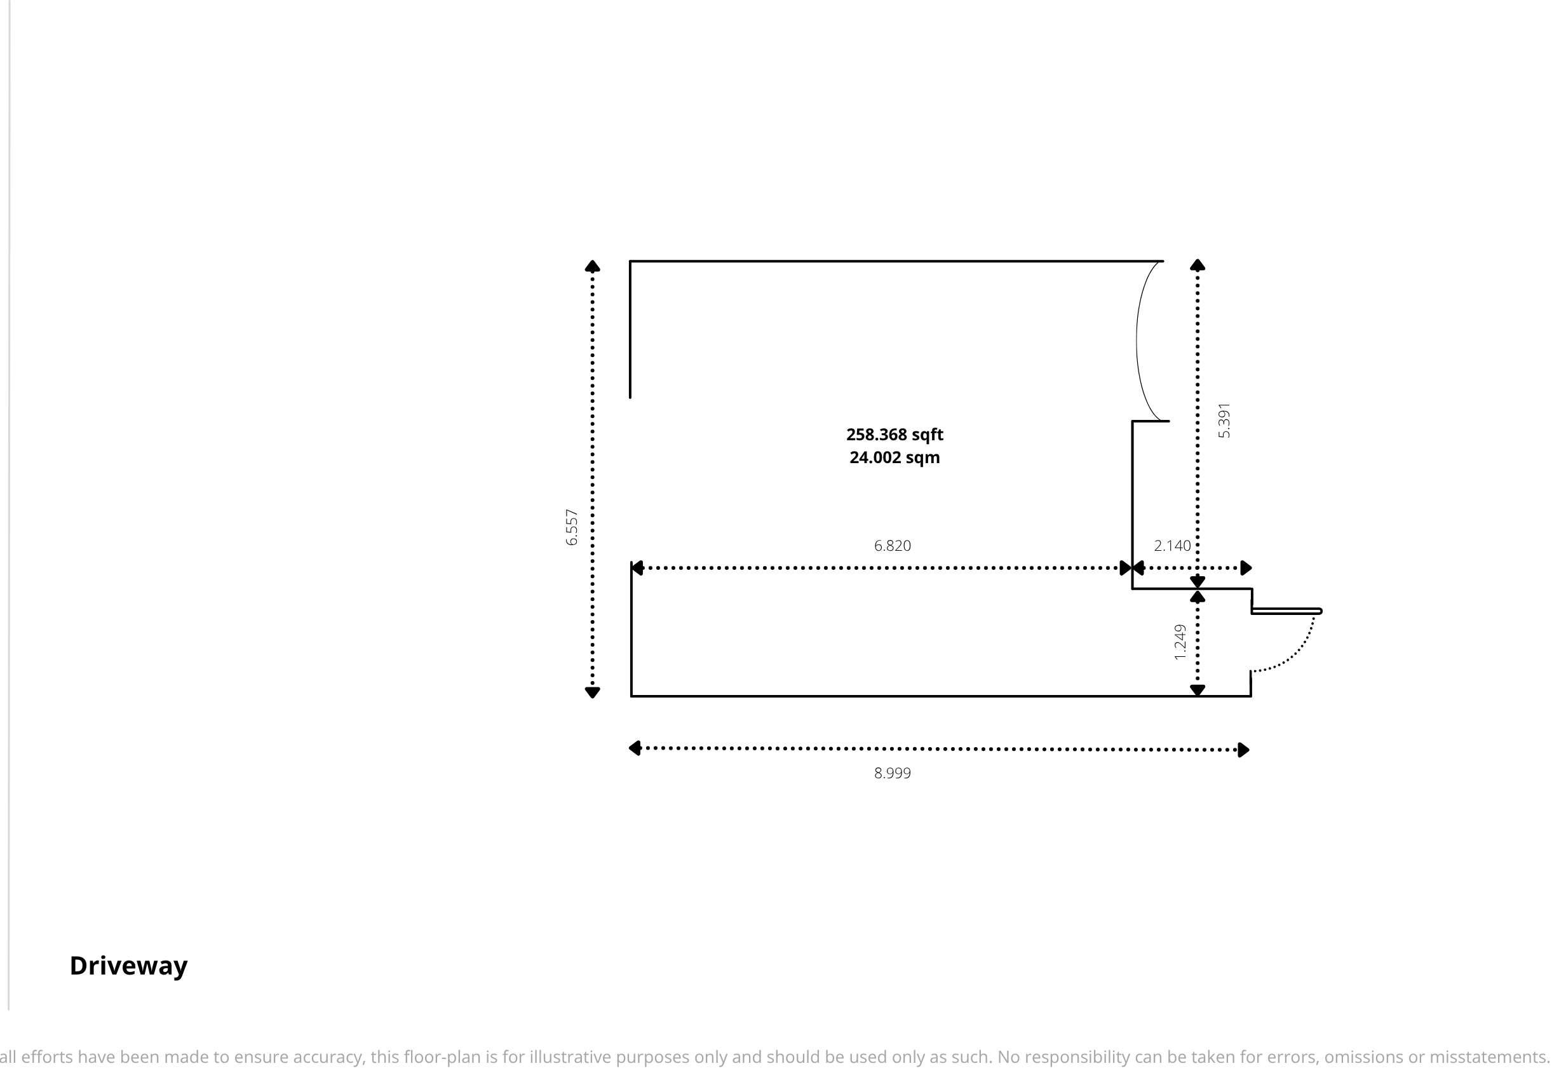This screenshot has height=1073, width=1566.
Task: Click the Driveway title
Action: coord(129,966)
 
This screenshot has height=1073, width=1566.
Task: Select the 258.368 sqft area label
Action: coord(894,435)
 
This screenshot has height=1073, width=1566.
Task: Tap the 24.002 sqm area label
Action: coord(894,457)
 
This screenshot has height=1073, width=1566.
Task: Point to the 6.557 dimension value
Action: coord(571,528)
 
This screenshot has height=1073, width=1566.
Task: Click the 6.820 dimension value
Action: coord(892,546)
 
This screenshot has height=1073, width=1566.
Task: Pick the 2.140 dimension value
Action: coord(1173,546)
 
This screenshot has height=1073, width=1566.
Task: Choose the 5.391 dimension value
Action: coord(1224,421)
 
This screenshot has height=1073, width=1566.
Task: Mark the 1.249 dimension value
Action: coord(1180,642)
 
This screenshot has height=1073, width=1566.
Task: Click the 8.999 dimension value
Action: coord(892,773)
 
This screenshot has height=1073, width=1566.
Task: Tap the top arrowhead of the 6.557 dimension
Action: coord(592,266)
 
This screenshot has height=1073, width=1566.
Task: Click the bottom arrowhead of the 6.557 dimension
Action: coord(592,692)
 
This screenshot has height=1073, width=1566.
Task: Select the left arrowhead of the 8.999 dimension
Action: coord(634,748)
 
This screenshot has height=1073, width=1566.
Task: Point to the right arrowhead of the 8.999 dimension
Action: coord(1244,750)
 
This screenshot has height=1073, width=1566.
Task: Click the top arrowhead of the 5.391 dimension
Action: coord(1198,265)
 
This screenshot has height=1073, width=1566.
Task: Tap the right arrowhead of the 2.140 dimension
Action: coord(1246,568)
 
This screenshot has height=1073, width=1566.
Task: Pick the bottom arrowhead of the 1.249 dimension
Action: coord(1198,690)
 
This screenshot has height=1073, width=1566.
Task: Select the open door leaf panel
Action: coord(1286,611)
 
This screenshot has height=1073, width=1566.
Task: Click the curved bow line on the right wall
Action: coord(1137,341)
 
